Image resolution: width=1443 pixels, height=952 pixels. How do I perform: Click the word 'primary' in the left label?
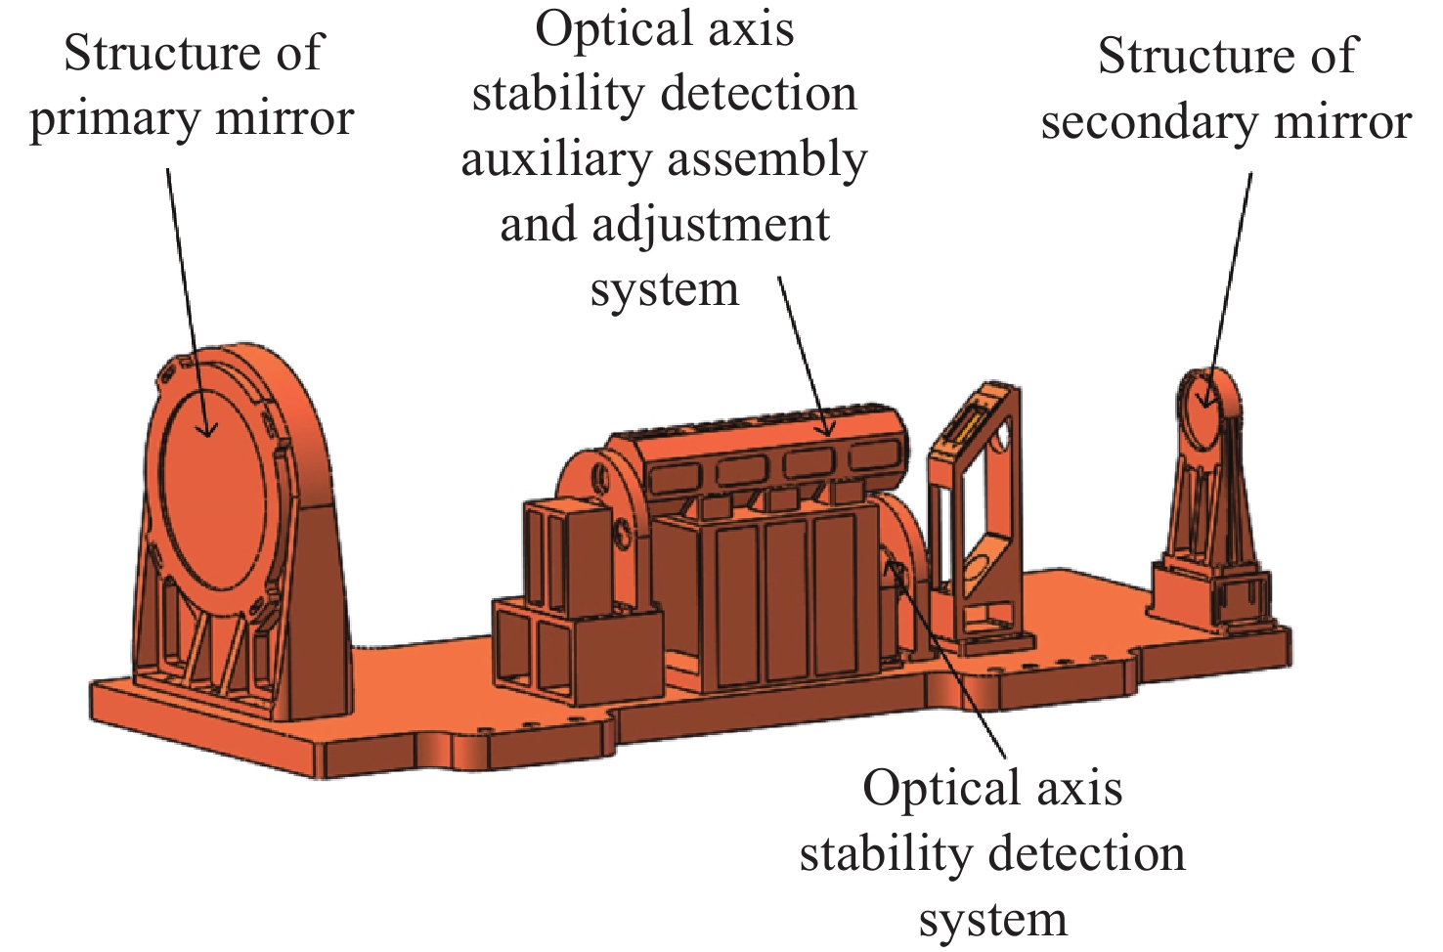tap(112, 120)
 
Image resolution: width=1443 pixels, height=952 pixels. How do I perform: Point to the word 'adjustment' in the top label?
tap(711, 226)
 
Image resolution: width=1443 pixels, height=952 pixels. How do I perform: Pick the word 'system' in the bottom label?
tap(992, 922)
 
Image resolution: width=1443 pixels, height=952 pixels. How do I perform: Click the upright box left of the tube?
tap(567, 557)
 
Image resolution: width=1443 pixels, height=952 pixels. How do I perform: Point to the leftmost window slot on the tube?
tap(676, 479)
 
